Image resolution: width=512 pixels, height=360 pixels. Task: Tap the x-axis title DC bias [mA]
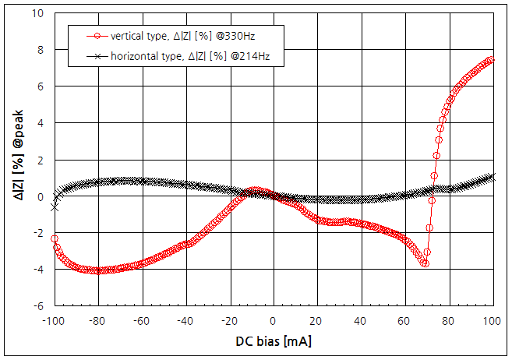click(272, 341)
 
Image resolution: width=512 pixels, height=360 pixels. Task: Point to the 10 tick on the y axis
click(37, 12)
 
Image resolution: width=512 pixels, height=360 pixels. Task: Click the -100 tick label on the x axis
click(53, 320)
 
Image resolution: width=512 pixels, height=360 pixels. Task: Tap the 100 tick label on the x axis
click(491, 320)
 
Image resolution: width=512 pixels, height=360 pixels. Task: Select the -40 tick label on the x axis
click(185, 320)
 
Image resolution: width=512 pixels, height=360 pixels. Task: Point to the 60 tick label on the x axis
click(404, 320)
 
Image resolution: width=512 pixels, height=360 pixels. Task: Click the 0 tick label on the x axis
click(272, 320)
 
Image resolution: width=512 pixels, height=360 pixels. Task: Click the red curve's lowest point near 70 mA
click(425, 263)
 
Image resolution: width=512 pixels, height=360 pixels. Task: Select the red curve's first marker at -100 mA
click(54, 238)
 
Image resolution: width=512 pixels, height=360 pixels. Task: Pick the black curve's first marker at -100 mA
click(54, 207)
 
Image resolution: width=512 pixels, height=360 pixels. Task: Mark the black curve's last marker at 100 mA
click(491, 176)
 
